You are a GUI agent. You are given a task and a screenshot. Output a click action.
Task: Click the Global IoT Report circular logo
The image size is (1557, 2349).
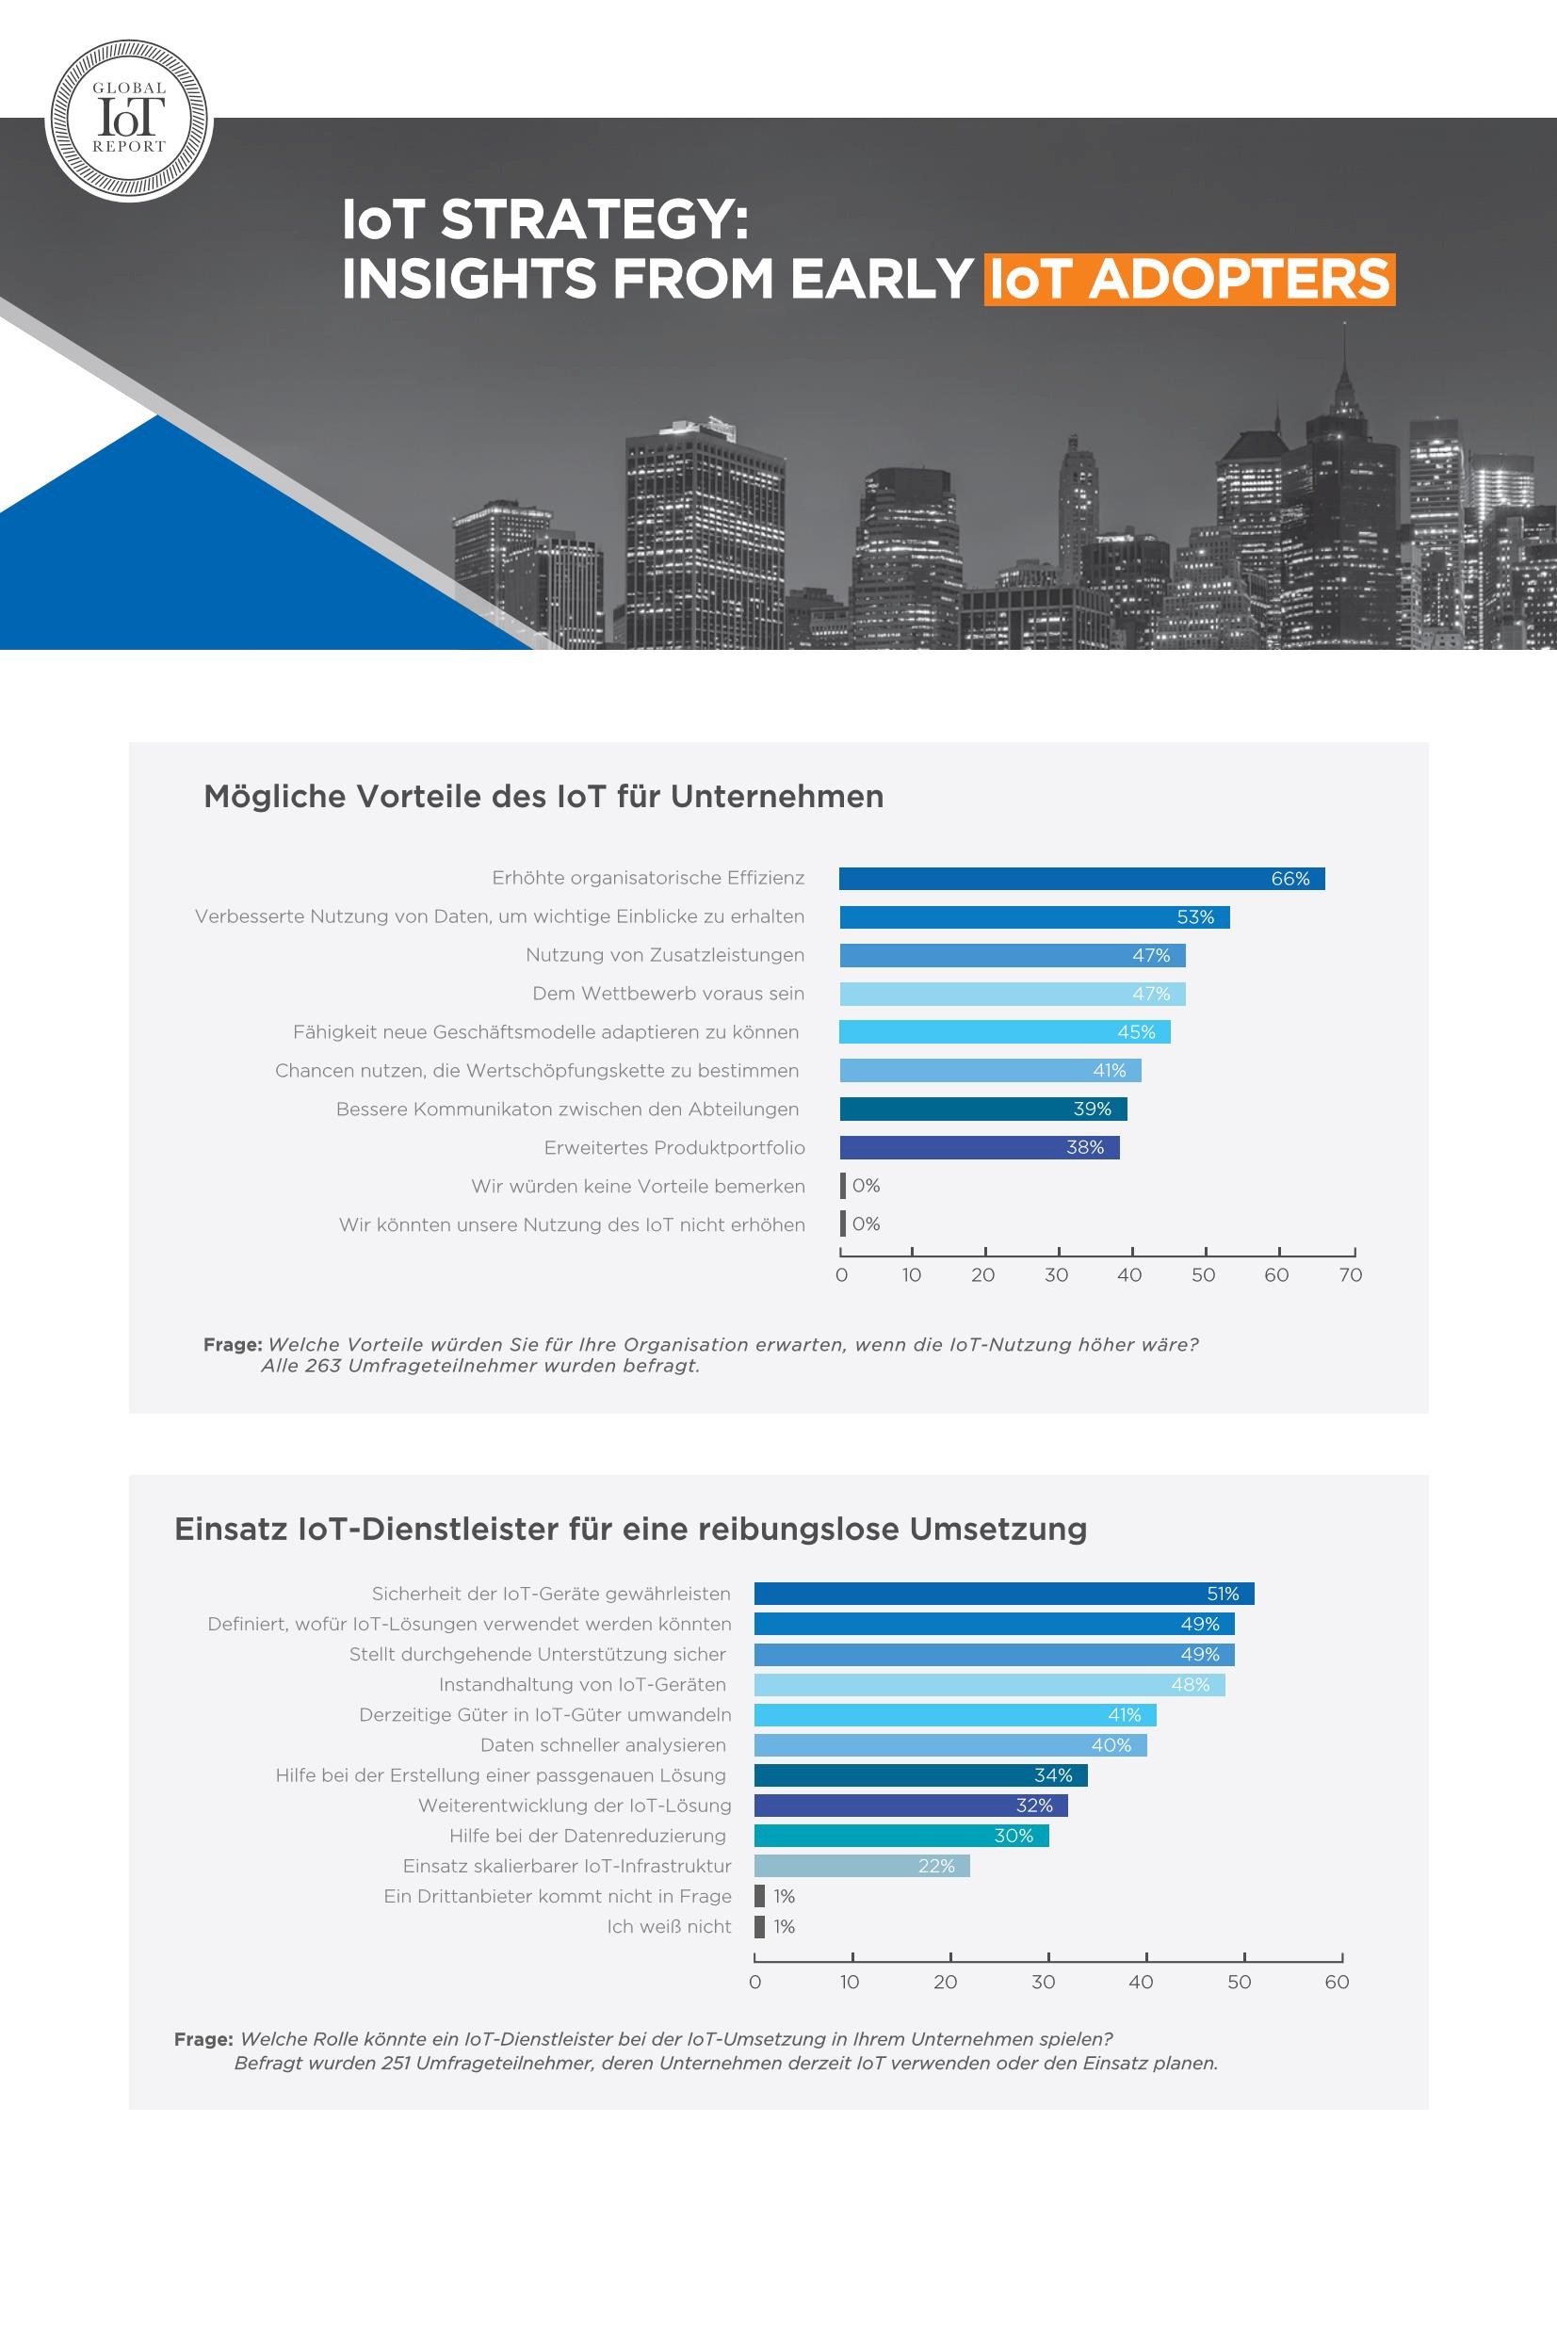(129, 121)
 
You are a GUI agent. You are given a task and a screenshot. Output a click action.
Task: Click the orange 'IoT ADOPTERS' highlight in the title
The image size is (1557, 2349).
(1190, 279)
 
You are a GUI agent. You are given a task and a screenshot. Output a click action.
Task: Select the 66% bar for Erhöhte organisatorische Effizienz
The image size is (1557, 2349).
(1081, 879)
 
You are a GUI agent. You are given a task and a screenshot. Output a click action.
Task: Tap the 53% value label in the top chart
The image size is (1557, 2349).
(1195, 917)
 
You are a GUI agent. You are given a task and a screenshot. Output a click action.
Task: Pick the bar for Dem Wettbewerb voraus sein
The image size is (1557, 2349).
(1012, 994)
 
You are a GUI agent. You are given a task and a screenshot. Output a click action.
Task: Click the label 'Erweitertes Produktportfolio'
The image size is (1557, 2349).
(674, 1148)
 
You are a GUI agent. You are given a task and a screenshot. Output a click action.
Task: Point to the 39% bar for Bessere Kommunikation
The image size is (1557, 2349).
(983, 1109)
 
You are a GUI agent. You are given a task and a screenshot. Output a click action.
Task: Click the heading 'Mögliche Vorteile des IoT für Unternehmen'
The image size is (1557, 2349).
(543, 796)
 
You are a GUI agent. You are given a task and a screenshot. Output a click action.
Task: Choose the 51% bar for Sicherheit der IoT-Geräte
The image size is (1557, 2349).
(1004, 1594)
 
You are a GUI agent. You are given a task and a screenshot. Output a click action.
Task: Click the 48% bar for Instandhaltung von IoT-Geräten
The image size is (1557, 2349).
(989, 1685)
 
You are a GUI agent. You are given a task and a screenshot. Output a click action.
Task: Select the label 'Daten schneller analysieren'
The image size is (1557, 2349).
(603, 1744)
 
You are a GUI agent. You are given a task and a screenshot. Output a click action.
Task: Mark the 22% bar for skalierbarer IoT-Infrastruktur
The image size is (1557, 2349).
(862, 1866)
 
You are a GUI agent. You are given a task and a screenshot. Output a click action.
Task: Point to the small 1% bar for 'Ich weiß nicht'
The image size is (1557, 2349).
(759, 1926)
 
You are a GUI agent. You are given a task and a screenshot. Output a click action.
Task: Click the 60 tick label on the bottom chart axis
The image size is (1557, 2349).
(1337, 1982)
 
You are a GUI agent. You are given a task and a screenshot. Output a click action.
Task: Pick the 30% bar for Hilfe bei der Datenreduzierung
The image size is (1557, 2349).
(901, 1836)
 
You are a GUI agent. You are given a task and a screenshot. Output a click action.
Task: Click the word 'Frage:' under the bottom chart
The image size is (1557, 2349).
(203, 2039)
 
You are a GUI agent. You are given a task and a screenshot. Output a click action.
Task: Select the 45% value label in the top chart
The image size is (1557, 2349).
(1136, 1032)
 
